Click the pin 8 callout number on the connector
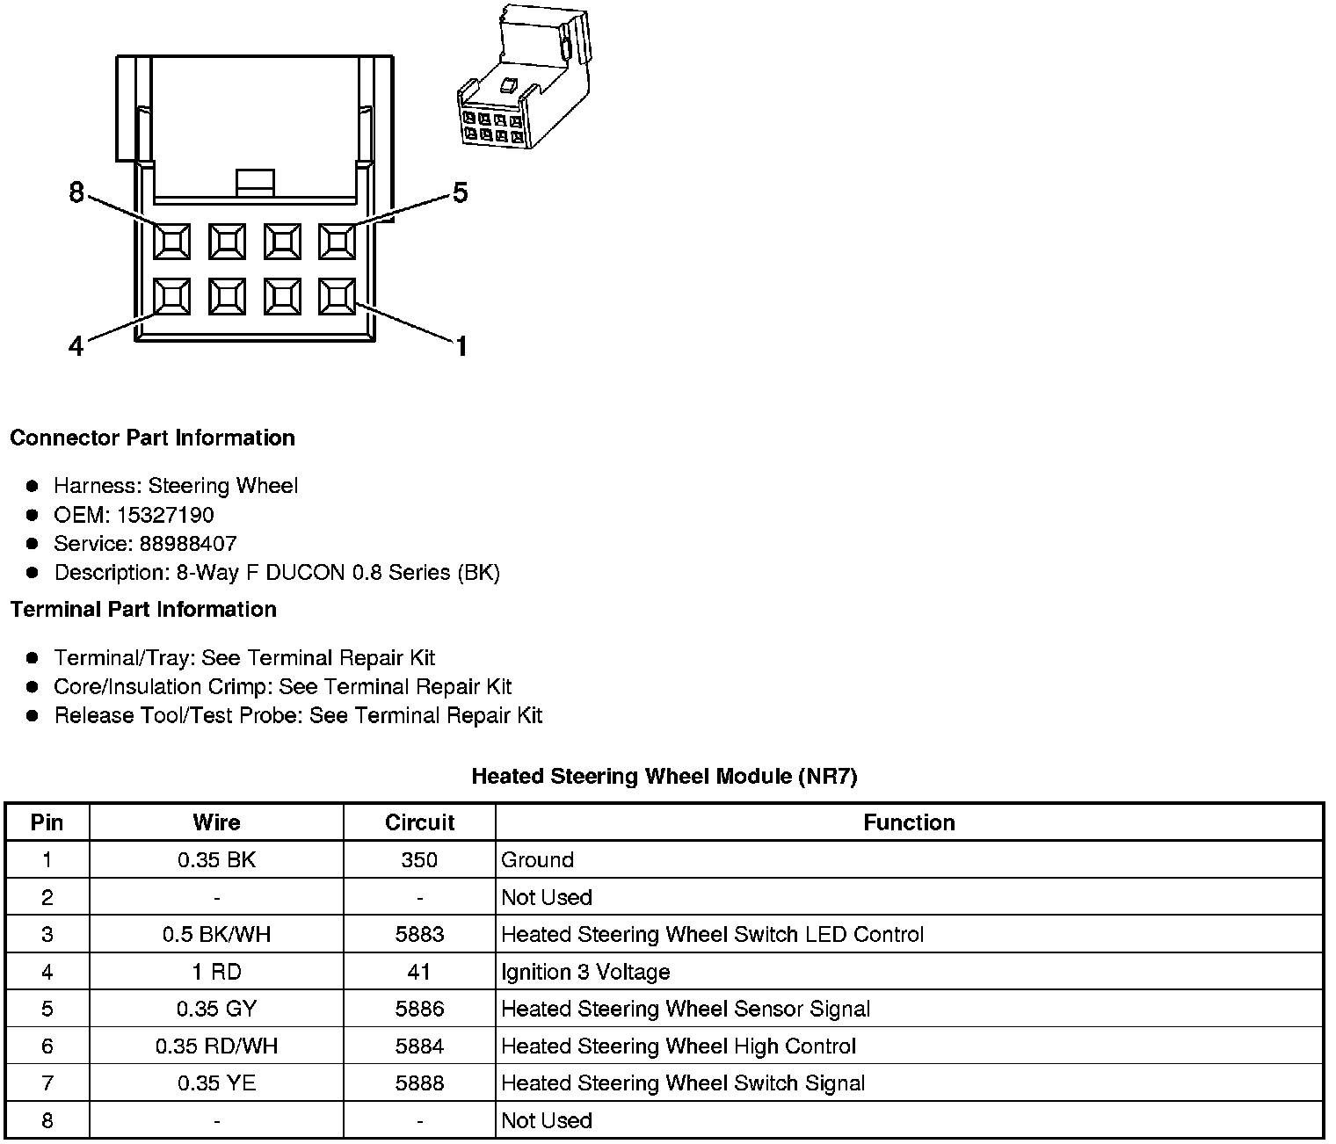point(76,192)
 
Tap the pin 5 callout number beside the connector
point(460,192)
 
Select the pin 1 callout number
point(461,347)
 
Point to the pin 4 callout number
point(76,347)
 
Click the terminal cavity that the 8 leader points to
point(171,241)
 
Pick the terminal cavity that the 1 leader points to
point(337,296)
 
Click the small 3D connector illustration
point(522,78)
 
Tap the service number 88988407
point(188,544)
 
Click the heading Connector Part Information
point(152,438)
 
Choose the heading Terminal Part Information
point(143,609)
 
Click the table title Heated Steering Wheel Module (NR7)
point(664,776)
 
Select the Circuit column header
point(419,822)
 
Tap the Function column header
point(909,822)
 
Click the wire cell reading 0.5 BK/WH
point(216,934)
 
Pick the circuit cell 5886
point(419,1009)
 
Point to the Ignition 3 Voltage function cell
point(585,972)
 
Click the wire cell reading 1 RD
point(216,972)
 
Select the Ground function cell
point(537,859)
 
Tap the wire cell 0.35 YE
point(216,1083)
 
